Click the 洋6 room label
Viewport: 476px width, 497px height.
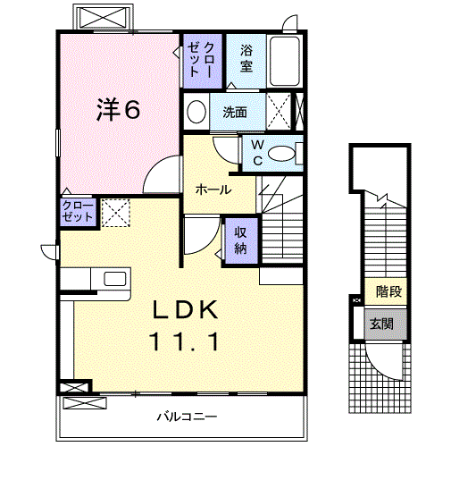click(118, 109)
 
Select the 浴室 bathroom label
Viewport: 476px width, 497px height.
click(246, 59)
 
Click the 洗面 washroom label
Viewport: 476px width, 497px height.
click(235, 113)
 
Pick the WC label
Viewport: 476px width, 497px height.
click(255, 153)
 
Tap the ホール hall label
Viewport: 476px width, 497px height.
click(213, 190)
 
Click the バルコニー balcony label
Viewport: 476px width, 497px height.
click(188, 417)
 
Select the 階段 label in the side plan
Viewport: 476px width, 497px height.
click(388, 291)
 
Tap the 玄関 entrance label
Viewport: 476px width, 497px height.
click(381, 324)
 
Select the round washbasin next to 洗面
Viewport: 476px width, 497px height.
click(196, 113)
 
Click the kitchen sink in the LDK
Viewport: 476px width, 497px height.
click(115, 278)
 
